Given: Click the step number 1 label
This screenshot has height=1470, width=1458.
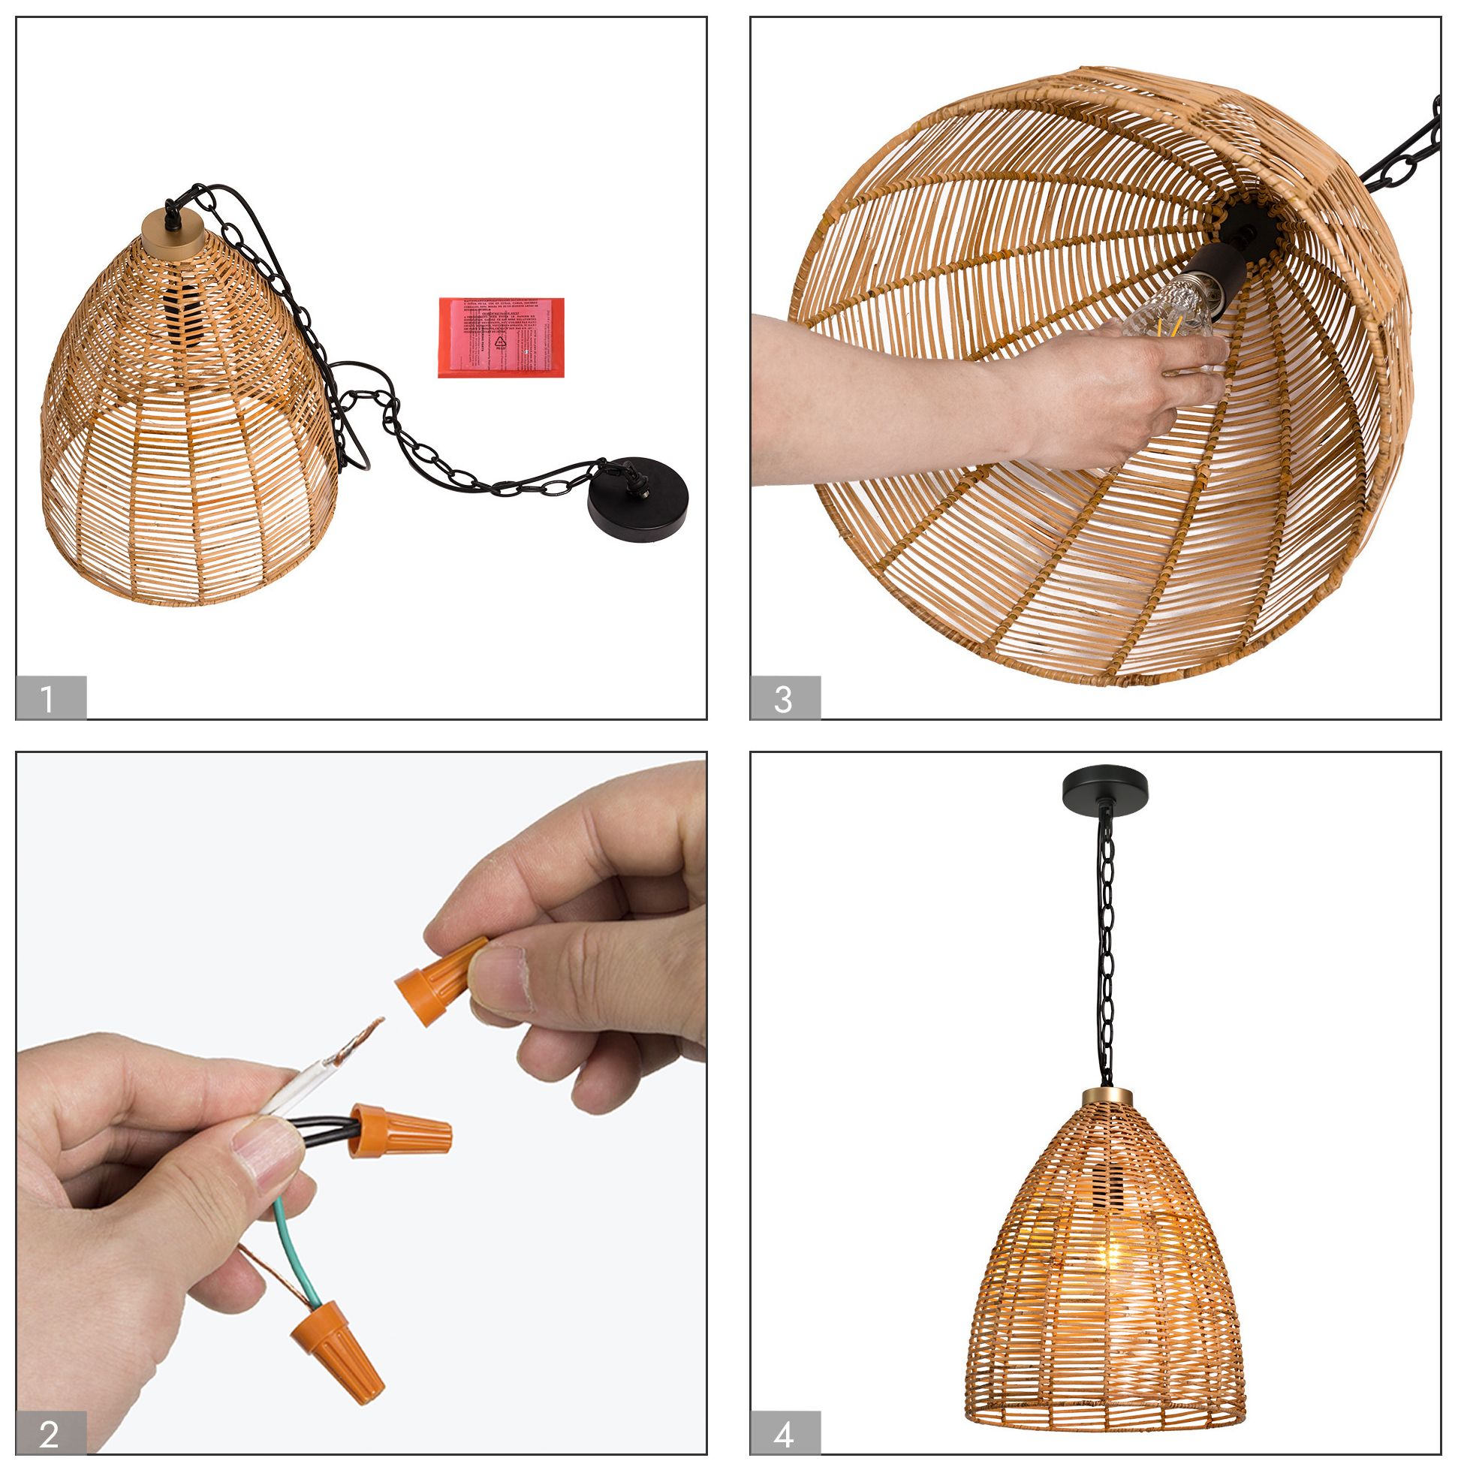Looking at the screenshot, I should pos(50,697).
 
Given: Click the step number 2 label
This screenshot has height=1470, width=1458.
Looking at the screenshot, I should pos(50,1433).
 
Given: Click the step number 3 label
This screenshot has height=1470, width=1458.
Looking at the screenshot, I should pos(785,697).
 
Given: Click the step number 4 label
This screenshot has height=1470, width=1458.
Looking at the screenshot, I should pos(785,1433).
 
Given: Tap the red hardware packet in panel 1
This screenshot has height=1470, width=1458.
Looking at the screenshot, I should pos(501,337).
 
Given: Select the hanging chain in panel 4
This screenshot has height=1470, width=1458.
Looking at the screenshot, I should pos(1106,951).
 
